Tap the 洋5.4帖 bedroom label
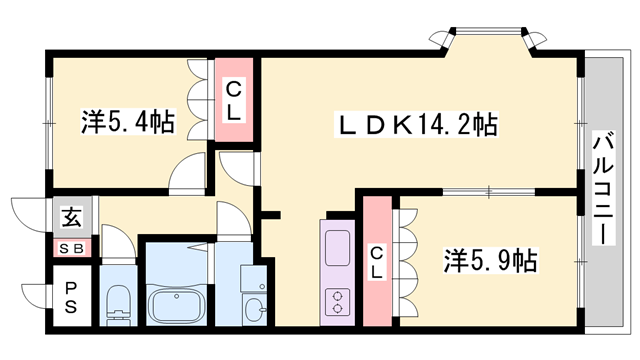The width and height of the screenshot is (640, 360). [127, 123]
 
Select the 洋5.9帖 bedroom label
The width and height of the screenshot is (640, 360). [491, 262]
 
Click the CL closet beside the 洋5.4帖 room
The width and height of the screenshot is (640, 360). [232, 101]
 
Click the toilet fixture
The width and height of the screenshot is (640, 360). [119, 301]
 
